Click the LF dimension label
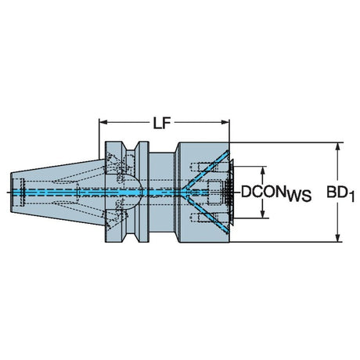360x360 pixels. pyautogui.click(x=162, y=123)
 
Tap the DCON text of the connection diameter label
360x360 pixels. pyautogui.click(x=263, y=192)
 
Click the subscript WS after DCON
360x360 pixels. pyautogui.click(x=299, y=196)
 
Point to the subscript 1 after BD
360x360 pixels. pyautogui.click(x=351, y=196)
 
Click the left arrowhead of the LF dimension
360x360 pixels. pyautogui.click(x=103, y=122)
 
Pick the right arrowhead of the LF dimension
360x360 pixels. pyautogui.click(x=225, y=122)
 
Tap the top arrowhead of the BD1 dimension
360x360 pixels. pyautogui.click(x=337, y=147)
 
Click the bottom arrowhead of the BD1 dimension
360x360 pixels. pyautogui.click(x=337, y=238)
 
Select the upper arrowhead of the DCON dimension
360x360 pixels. pyautogui.click(x=263, y=171)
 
